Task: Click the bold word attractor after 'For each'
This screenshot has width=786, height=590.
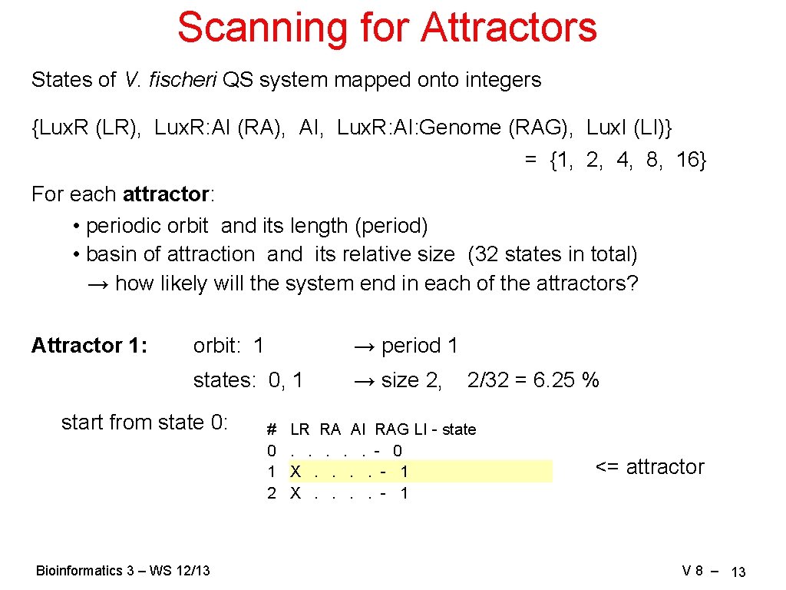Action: tap(165, 194)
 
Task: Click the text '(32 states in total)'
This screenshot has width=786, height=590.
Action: tap(552, 254)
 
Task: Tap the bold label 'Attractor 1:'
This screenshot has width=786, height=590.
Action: tap(89, 346)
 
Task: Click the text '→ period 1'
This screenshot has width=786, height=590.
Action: tap(405, 346)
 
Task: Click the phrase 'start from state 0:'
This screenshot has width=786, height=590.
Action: tap(144, 423)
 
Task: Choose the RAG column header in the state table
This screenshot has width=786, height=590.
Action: tap(391, 429)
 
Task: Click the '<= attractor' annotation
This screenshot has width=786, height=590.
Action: tap(649, 467)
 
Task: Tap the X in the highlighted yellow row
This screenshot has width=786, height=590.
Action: tap(296, 472)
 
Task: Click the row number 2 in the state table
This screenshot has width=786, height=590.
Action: tap(271, 493)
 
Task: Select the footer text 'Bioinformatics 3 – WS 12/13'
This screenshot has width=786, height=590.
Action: tap(123, 571)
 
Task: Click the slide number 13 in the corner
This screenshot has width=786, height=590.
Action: tap(738, 572)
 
